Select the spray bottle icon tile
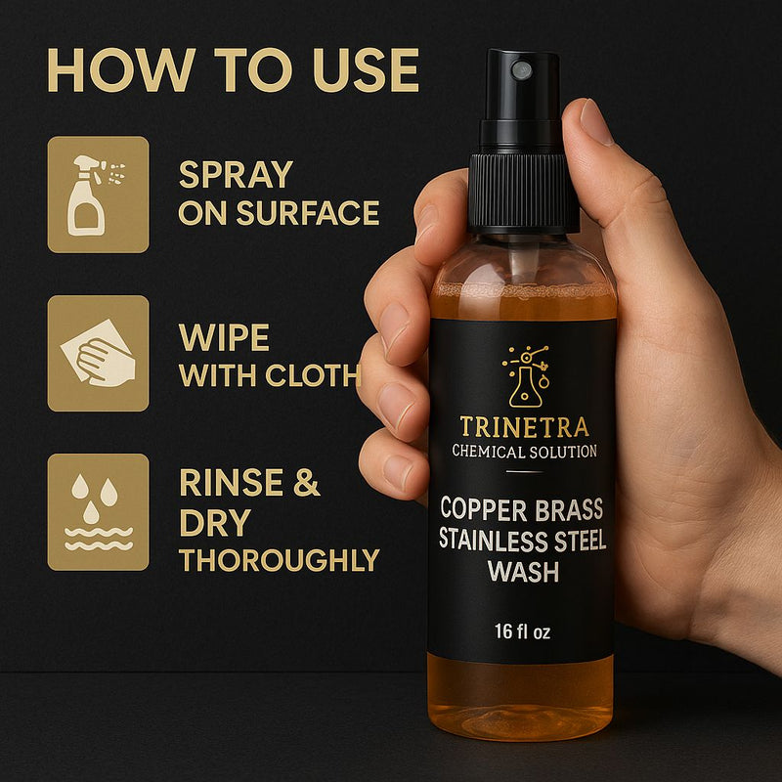coord(99,195)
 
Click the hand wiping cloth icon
coord(99,354)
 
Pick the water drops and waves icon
coord(99,512)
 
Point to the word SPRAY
coord(236,175)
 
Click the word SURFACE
coord(308,212)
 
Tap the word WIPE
coord(224,337)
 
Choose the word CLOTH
coord(312,375)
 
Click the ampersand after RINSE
coord(306,482)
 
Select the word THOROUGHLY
coord(280,560)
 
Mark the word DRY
coord(215,522)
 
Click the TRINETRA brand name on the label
coord(524,427)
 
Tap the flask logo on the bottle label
coord(526,376)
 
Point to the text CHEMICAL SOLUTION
coord(524,452)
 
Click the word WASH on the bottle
coord(523,571)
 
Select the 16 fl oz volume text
coord(523,631)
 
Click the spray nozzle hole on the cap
coord(522,69)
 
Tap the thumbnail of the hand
coord(595,122)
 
